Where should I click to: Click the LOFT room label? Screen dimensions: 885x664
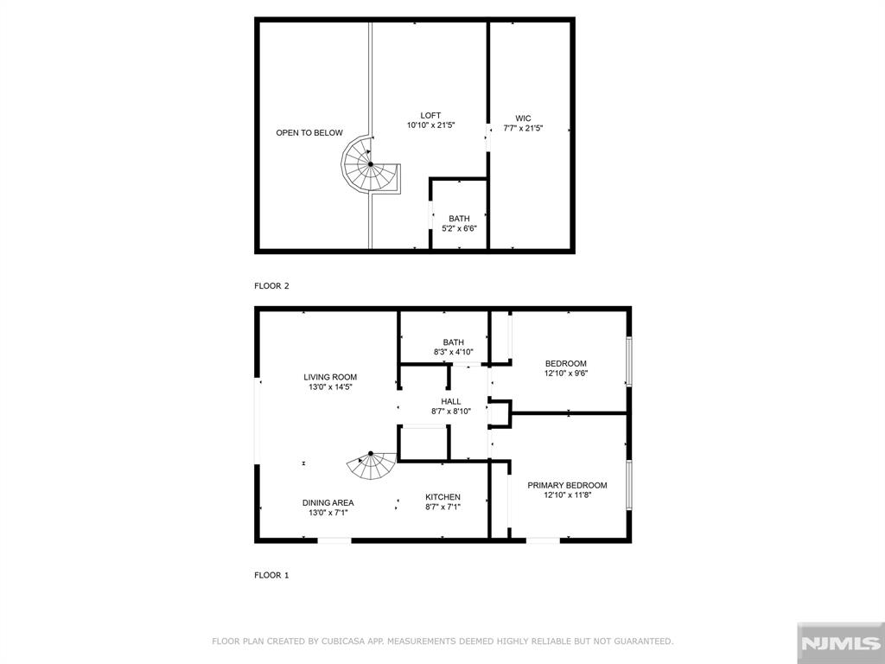(430, 115)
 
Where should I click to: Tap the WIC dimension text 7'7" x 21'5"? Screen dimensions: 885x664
(523, 128)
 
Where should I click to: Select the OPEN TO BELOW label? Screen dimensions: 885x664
(309, 132)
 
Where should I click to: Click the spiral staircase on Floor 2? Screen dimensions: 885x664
(371, 164)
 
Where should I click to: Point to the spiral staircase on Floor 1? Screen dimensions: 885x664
(372, 464)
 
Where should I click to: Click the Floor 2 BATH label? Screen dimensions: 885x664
(459, 219)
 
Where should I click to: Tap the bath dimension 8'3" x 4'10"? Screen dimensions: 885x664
(453, 352)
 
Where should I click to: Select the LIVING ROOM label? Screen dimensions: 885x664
(330, 377)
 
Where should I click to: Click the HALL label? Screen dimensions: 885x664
(451, 401)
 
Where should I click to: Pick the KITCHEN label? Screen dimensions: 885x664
(443, 497)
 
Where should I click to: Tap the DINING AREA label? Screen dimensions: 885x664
(328, 502)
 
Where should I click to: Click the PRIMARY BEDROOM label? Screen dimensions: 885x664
(567, 485)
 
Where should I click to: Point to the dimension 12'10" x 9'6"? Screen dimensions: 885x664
(566, 373)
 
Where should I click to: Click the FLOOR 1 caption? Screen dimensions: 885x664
(271, 575)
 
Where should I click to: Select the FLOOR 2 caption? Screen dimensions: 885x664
(271, 285)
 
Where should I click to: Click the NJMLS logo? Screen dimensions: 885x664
(840, 643)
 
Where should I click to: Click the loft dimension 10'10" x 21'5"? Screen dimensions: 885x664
(430, 124)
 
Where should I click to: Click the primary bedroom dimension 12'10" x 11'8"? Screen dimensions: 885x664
(567, 495)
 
